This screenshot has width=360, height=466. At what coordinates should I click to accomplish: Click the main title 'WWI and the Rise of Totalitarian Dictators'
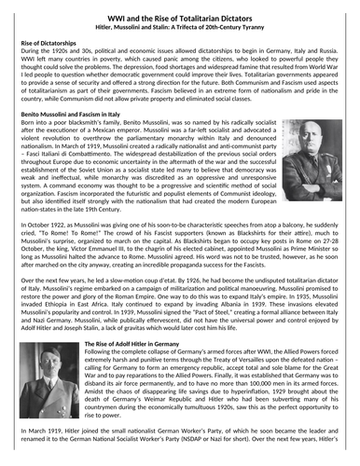179,10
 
